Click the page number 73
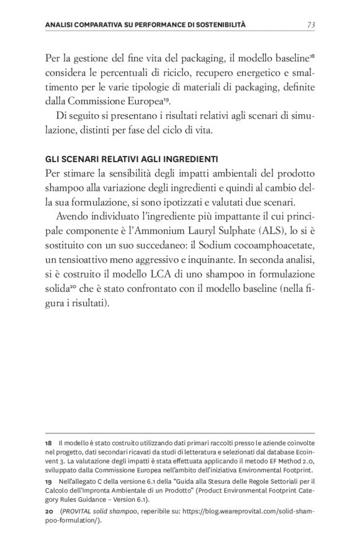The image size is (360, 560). point(311,24)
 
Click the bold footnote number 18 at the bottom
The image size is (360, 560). point(49,444)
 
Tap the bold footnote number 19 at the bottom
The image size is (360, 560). point(49,481)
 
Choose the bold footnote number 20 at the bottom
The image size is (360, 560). point(50,510)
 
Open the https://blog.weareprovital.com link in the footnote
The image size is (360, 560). point(248,510)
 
